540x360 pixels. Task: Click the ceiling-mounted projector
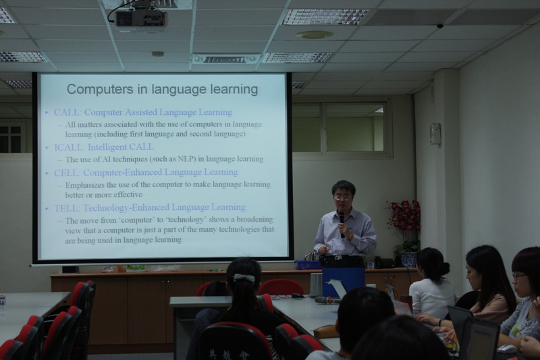[x=141, y=19]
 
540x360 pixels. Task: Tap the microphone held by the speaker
[x=342, y=224]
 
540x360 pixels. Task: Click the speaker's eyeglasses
[x=343, y=198]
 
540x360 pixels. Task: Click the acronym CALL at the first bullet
[x=66, y=112]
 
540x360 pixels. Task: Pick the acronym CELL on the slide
[x=65, y=173]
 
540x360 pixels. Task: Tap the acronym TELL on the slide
[x=65, y=208]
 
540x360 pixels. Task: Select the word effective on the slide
[x=128, y=195]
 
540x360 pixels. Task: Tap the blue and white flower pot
[x=410, y=259]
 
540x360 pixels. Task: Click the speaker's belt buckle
[x=338, y=257]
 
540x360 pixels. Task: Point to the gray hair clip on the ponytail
[x=244, y=278]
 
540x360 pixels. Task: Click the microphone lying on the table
[x=327, y=300]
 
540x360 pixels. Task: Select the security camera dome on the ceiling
[x=440, y=26]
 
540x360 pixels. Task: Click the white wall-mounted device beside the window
[x=435, y=134]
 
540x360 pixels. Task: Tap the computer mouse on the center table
[x=297, y=296]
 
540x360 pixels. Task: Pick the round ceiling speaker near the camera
[x=314, y=34]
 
